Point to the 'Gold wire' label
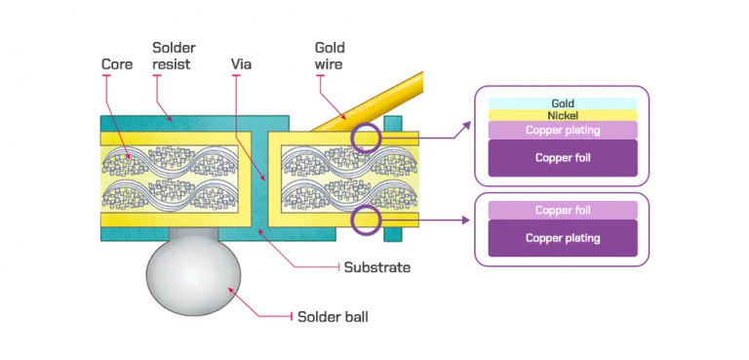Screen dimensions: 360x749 click(330, 56)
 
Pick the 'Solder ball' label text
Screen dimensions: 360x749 click(333, 315)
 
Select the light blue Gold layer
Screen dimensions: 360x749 click(562, 103)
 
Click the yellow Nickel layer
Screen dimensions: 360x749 click(562, 115)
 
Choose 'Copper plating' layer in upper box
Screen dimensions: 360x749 click(562, 131)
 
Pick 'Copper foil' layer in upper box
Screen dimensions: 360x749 click(562, 157)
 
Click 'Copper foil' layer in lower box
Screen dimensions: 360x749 click(562, 210)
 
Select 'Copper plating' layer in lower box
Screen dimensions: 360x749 click(562, 238)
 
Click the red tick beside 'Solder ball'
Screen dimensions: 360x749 click(294, 315)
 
